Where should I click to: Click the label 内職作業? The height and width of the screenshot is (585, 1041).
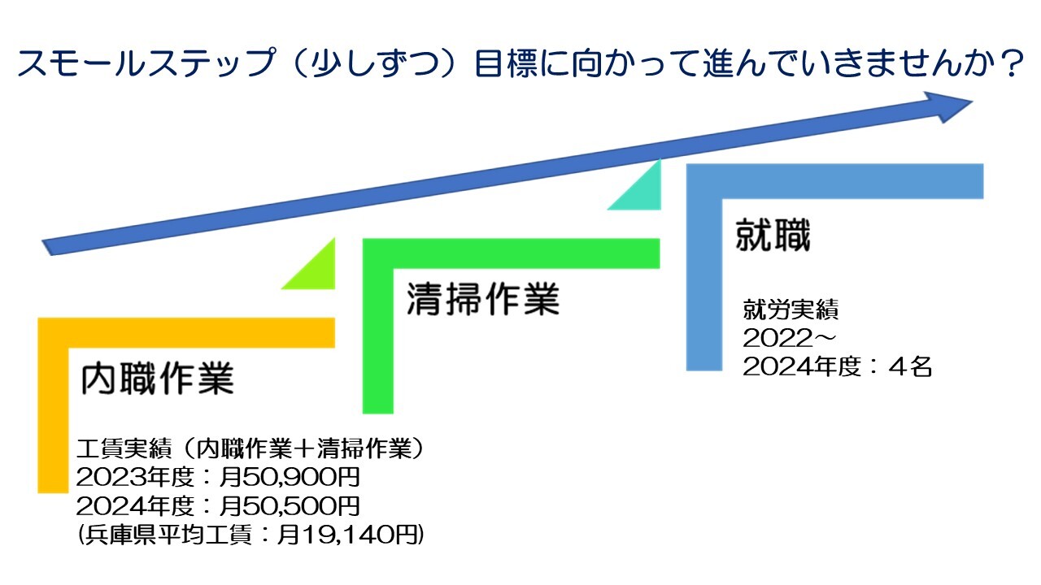tap(158, 378)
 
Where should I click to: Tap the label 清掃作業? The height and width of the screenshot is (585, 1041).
tap(483, 298)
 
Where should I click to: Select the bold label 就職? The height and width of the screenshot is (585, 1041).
tap(773, 235)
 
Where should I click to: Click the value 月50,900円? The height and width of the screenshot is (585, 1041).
tap(289, 477)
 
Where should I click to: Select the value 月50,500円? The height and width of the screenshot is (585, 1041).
tap(289, 506)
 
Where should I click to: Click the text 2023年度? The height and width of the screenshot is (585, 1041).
tap(135, 477)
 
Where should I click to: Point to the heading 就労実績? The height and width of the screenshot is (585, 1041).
tap(790, 310)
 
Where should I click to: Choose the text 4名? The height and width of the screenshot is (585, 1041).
tap(910, 366)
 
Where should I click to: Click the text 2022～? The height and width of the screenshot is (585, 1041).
tap(789, 338)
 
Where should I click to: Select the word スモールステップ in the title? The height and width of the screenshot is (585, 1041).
tap(146, 63)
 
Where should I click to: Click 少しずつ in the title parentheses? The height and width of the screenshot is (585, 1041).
tap(375, 63)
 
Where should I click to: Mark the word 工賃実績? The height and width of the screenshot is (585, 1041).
tap(124, 448)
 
